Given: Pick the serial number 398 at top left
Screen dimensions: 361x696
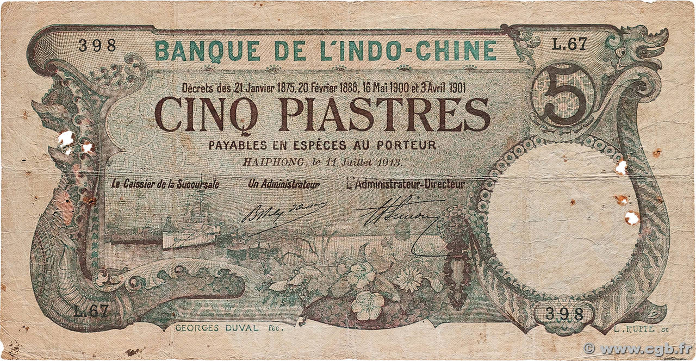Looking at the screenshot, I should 97,46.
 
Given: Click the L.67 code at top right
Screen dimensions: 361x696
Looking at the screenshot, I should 569,46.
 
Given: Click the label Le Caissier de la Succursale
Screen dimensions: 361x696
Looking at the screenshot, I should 165,184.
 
